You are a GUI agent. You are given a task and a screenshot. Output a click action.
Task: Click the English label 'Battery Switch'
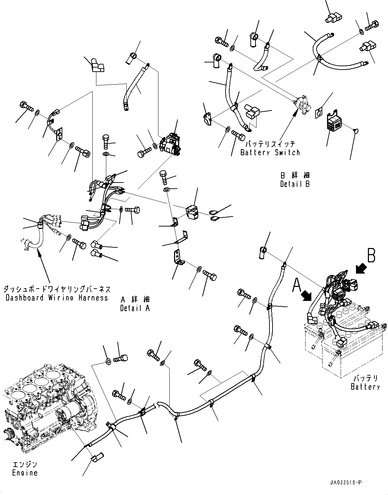click(x=270, y=152)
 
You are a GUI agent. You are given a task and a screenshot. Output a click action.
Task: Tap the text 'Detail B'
click(x=295, y=184)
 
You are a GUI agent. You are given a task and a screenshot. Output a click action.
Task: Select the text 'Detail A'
click(x=135, y=308)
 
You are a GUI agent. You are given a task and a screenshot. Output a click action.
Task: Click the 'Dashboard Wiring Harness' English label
click(x=57, y=298)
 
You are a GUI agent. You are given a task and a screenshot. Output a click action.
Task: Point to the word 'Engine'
click(x=25, y=473)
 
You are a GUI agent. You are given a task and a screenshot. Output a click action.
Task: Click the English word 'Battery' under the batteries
click(x=365, y=387)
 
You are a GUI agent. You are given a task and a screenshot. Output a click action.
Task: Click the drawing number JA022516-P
click(x=345, y=482)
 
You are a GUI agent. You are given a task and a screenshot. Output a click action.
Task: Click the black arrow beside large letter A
click(x=307, y=295)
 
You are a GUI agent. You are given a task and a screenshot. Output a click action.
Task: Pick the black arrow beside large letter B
click(x=361, y=269)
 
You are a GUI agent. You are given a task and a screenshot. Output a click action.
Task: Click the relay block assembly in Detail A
click(x=170, y=144)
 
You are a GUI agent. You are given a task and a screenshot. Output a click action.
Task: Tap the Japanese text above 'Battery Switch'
click(x=270, y=144)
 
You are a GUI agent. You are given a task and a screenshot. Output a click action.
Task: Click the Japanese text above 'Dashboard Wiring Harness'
click(x=57, y=289)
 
